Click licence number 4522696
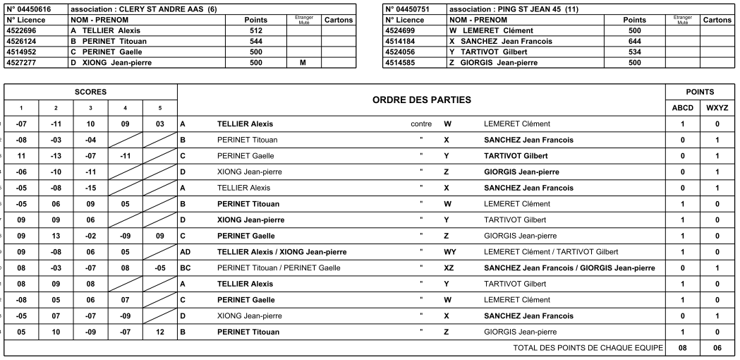point(23,31)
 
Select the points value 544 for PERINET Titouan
point(256,42)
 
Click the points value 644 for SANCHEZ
point(636,42)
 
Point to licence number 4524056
point(404,52)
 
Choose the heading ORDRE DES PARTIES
point(422,101)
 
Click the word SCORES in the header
point(91,92)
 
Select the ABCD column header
point(682,109)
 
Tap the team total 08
point(682,348)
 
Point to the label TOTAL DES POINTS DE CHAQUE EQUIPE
point(588,348)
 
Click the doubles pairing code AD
point(186,252)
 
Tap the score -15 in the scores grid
point(91,188)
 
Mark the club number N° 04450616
point(28,8)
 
